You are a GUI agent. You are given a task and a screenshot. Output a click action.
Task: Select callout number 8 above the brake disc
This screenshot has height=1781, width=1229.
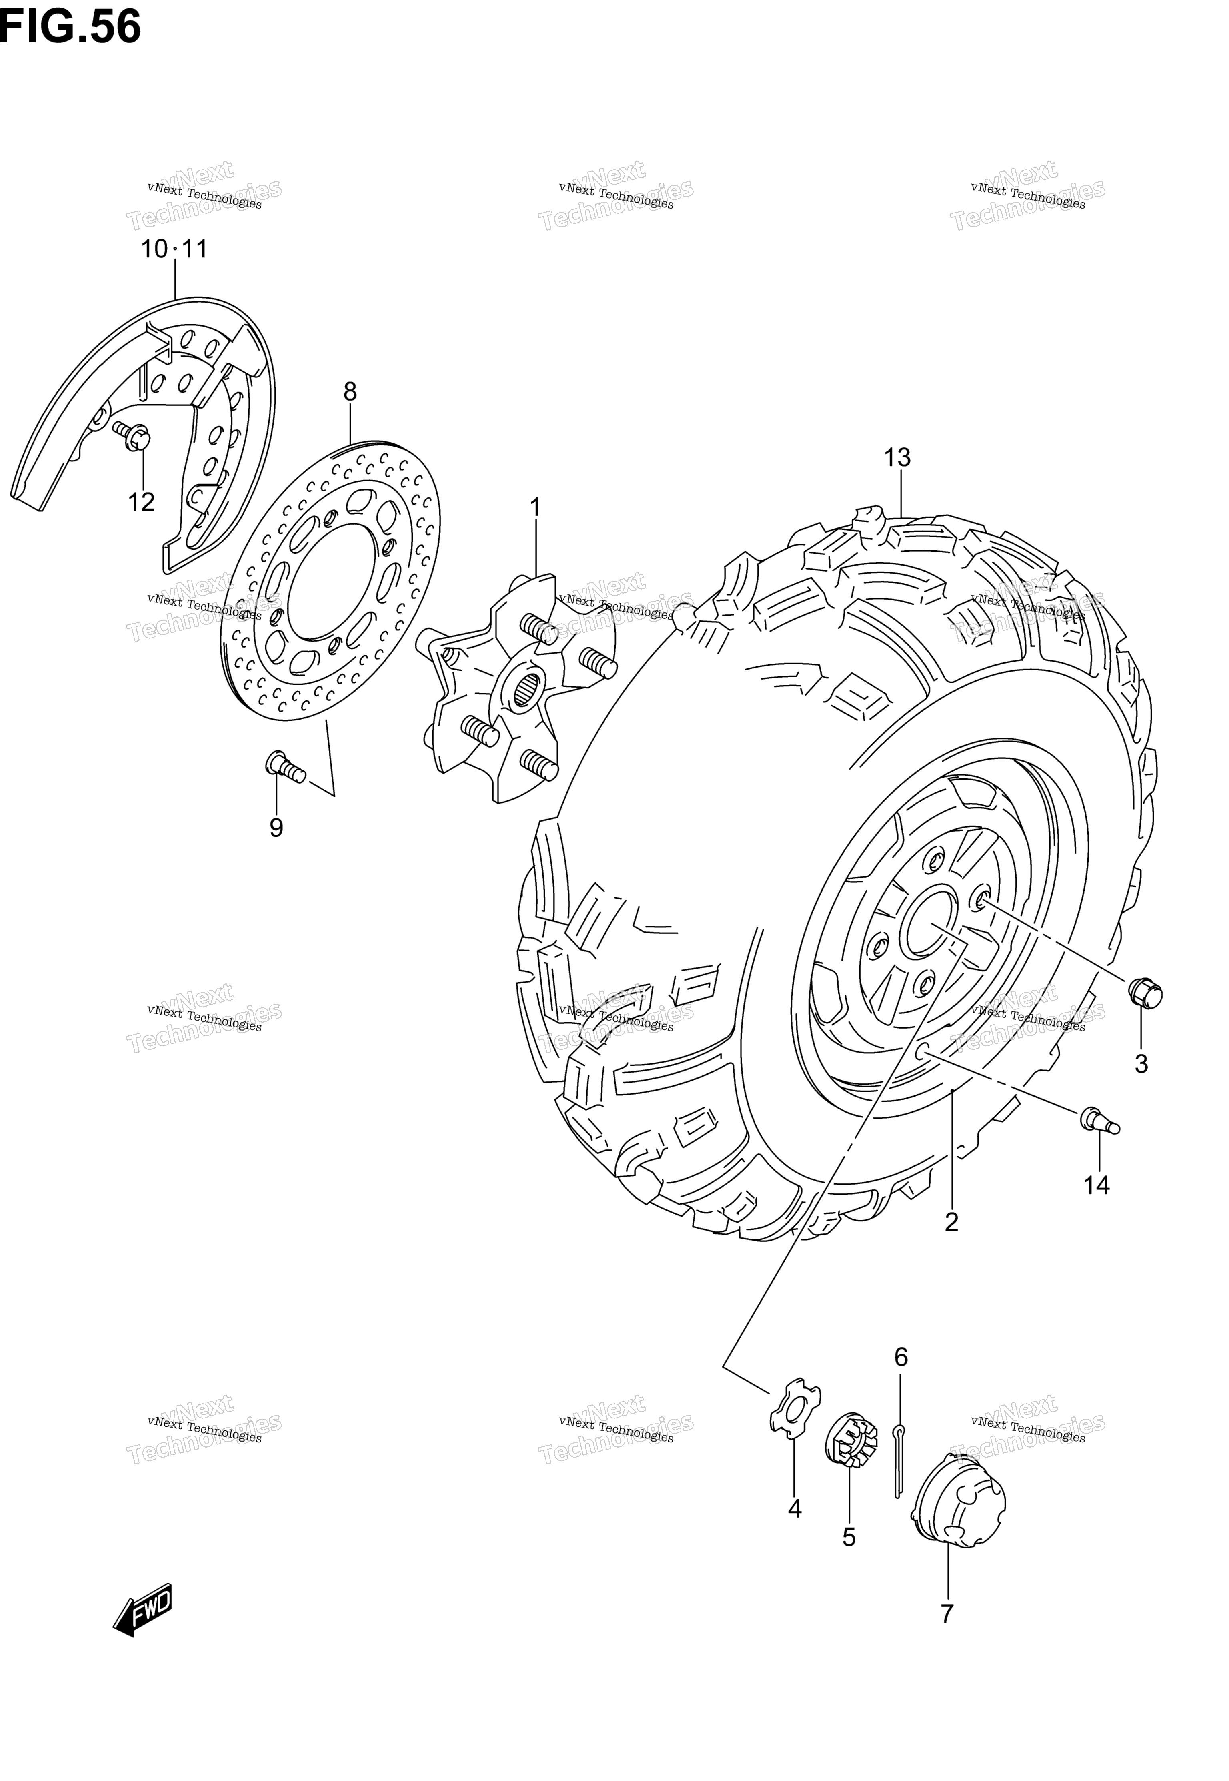(x=350, y=392)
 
